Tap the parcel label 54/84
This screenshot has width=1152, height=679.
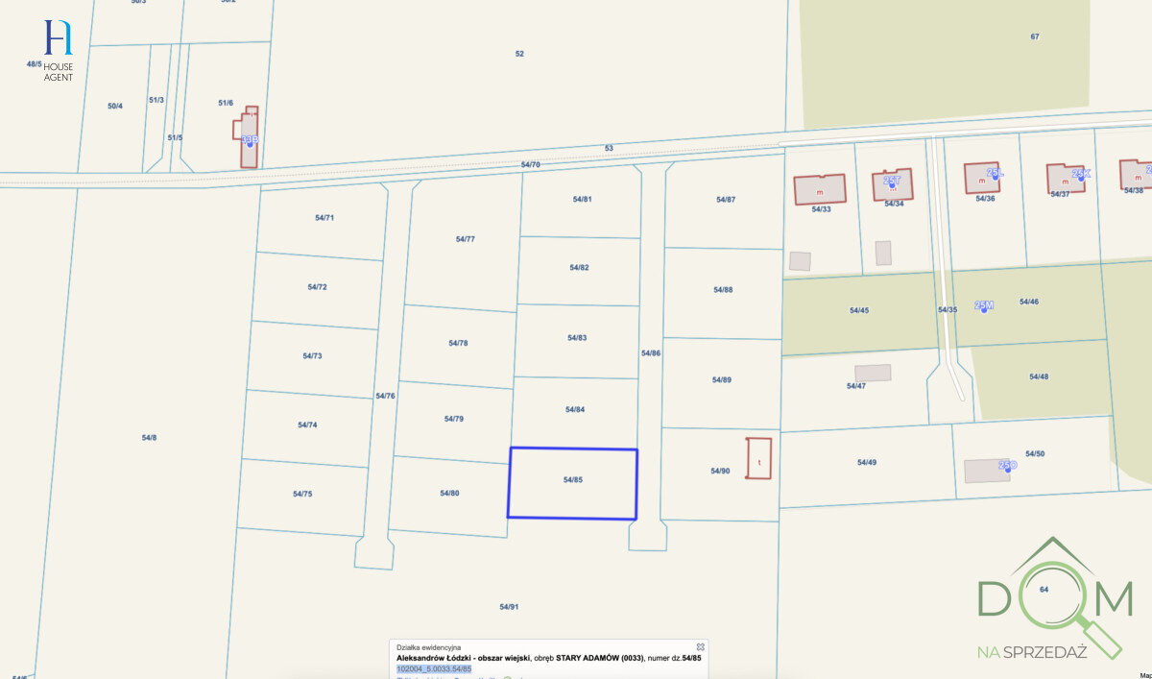(x=575, y=409)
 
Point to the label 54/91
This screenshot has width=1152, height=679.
(x=509, y=606)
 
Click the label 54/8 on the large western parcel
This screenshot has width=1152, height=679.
(x=149, y=438)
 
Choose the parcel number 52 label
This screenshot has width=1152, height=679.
(x=519, y=54)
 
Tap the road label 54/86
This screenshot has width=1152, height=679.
(x=651, y=353)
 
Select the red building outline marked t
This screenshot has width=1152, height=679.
(x=759, y=459)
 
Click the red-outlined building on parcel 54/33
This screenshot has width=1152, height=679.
(x=819, y=189)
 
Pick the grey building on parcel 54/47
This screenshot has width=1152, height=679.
(x=873, y=373)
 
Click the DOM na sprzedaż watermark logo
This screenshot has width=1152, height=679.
(x=1053, y=600)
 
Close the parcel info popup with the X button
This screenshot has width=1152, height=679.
(x=701, y=646)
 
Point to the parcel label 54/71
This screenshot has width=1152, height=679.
(x=324, y=218)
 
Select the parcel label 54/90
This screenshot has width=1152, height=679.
(x=720, y=471)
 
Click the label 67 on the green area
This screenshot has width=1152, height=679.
(x=1035, y=36)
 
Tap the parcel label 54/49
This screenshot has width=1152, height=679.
(x=867, y=462)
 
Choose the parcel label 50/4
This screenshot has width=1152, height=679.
(x=115, y=106)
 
